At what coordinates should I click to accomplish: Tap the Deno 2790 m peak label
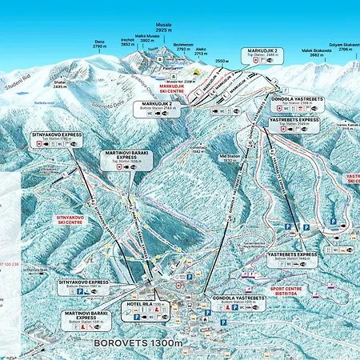[99, 45]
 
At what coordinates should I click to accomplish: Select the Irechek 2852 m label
[128, 42]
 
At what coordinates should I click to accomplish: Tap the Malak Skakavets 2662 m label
[313, 52]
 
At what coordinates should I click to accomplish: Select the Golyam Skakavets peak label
[344, 46]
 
